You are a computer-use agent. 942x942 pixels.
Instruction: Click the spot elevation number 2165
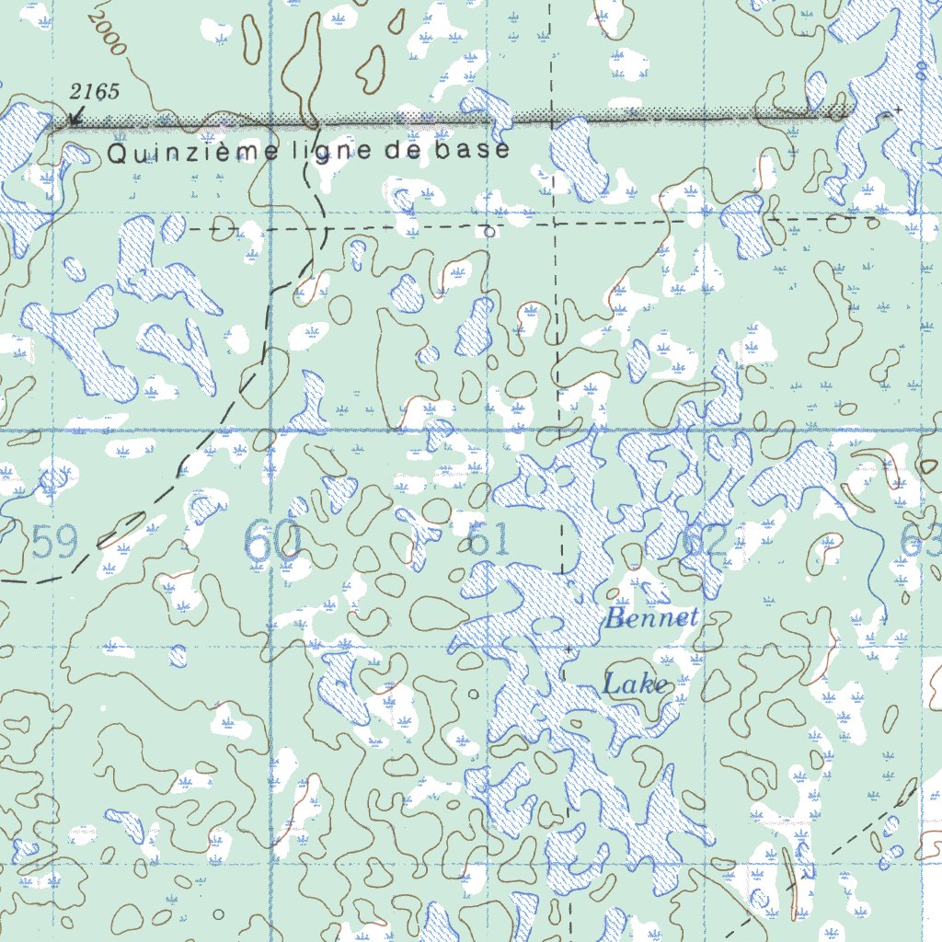[x=95, y=92]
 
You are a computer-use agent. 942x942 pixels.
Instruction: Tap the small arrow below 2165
[x=76, y=114]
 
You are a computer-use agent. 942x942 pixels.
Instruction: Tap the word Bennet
[x=651, y=619]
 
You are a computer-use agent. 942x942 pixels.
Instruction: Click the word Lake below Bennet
[x=635, y=684]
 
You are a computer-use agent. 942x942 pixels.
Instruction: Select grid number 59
[x=54, y=543]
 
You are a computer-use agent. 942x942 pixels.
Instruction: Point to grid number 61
[x=488, y=540]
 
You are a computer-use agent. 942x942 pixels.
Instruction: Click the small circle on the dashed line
[x=489, y=232]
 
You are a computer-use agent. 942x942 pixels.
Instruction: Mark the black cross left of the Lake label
[x=569, y=649]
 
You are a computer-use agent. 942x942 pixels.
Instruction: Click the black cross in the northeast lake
[x=897, y=110]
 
